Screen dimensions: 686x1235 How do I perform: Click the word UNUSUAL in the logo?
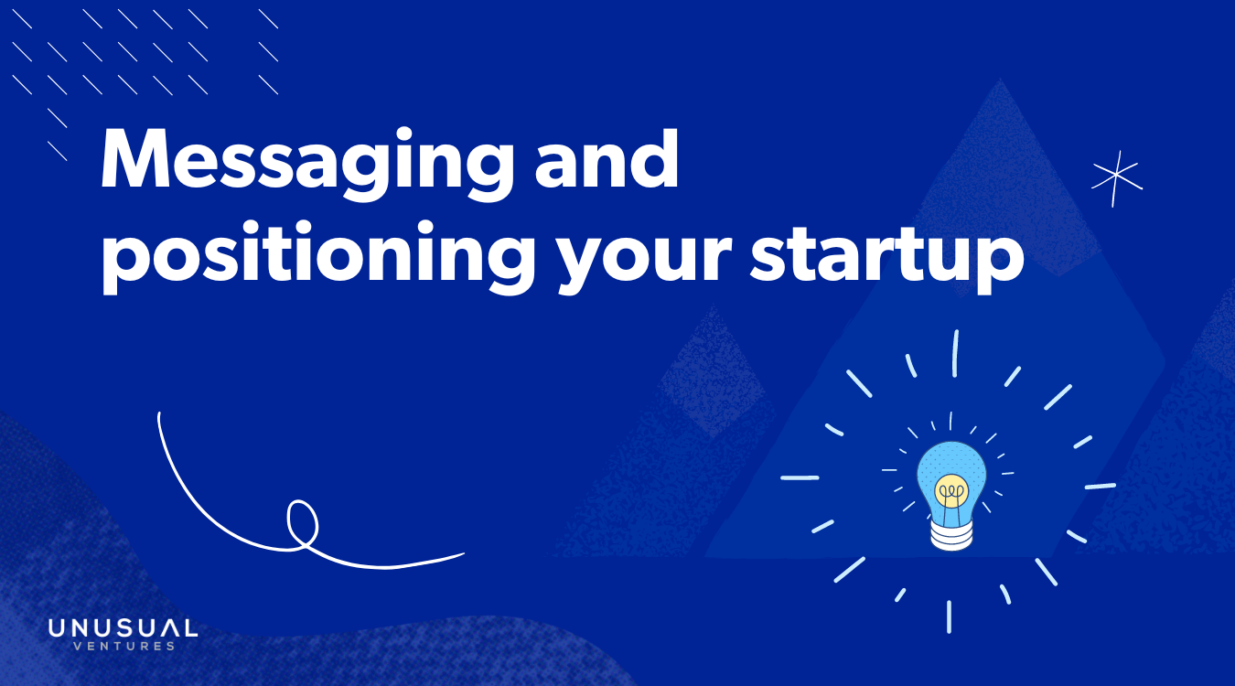[123, 628]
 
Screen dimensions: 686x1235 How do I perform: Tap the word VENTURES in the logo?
[123, 647]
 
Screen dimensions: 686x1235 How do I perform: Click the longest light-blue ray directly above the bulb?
[955, 353]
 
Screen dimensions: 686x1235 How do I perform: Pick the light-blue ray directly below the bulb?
[949, 616]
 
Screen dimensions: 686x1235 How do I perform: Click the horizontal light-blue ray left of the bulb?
[800, 477]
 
